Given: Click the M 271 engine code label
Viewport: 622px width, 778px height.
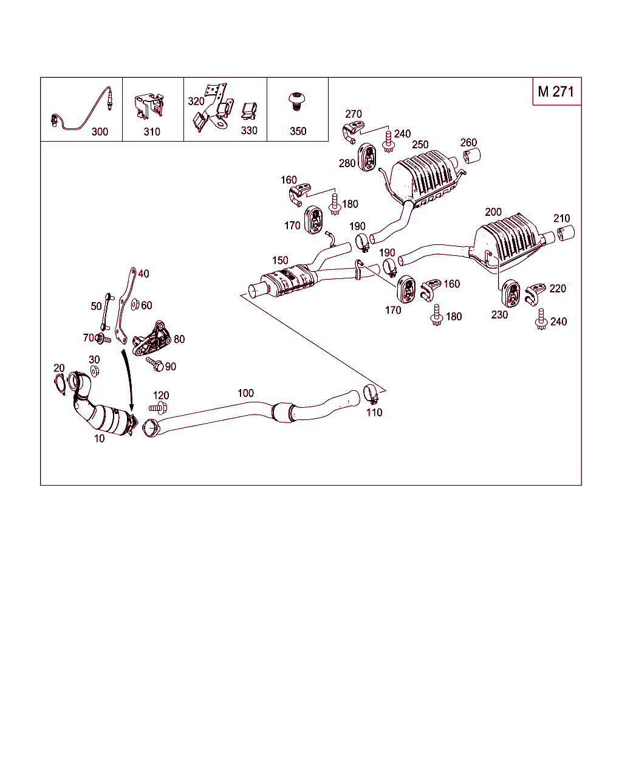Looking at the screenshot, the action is [556, 92].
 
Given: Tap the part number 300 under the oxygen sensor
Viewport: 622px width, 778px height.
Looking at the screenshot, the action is [100, 132].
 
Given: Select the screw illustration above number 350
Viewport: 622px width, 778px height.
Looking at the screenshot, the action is [296, 102].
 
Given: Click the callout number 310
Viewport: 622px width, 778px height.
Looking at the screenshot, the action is [152, 132].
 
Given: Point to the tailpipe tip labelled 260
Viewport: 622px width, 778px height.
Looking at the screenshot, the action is [472, 156].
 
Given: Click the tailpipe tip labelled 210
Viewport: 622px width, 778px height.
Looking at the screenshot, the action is [566, 233].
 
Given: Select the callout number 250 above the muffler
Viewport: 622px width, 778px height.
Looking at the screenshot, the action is [420, 145].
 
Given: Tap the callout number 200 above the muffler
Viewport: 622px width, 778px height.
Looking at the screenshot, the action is [493, 212].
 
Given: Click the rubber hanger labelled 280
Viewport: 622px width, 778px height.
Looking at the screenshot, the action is [367, 157].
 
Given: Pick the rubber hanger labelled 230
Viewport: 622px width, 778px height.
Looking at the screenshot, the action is [511, 293].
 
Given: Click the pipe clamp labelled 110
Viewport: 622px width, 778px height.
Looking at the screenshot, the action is [371, 394].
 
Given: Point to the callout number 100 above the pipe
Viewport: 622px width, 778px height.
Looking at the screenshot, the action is [246, 393].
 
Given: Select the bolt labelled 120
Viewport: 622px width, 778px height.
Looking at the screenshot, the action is [158, 408].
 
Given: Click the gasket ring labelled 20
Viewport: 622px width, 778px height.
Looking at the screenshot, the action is [60, 384].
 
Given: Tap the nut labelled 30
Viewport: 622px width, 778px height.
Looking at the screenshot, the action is [95, 371].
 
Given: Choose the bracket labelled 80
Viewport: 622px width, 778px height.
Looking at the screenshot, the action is [151, 339].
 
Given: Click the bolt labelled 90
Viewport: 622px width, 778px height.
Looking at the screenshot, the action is [155, 363].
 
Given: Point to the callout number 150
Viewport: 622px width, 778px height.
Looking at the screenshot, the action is [280, 260].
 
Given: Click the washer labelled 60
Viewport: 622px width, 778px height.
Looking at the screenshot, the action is [135, 305].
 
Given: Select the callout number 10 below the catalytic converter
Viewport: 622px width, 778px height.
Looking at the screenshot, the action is [100, 438].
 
